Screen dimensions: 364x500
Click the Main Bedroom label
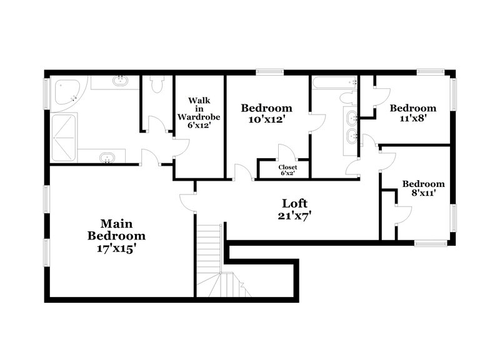click(x=116, y=230)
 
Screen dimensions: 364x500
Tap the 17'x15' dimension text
click(x=116, y=248)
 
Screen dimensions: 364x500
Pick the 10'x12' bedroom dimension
click(x=267, y=120)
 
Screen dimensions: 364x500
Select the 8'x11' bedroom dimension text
click(x=423, y=193)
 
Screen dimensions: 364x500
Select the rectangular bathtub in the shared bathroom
click(x=334, y=82)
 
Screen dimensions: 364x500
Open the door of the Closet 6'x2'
click(x=286, y=153)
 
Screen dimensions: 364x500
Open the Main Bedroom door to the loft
click(x=187, y=202)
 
